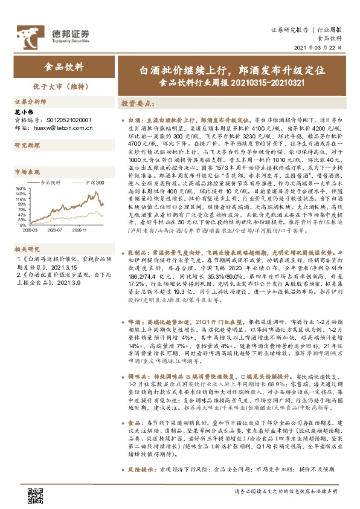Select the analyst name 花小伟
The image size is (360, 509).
[x=22, y=112]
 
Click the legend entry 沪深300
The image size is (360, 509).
[x=93, y=182]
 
